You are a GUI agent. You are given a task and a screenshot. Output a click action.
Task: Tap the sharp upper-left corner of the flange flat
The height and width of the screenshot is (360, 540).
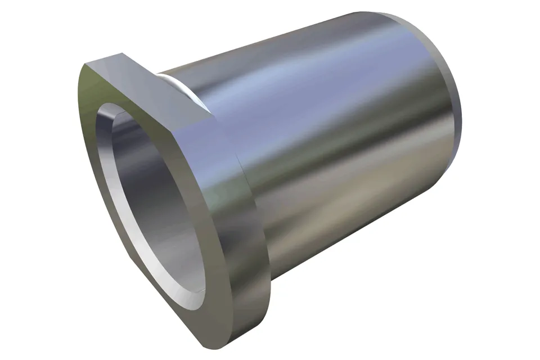coord(86,64)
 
